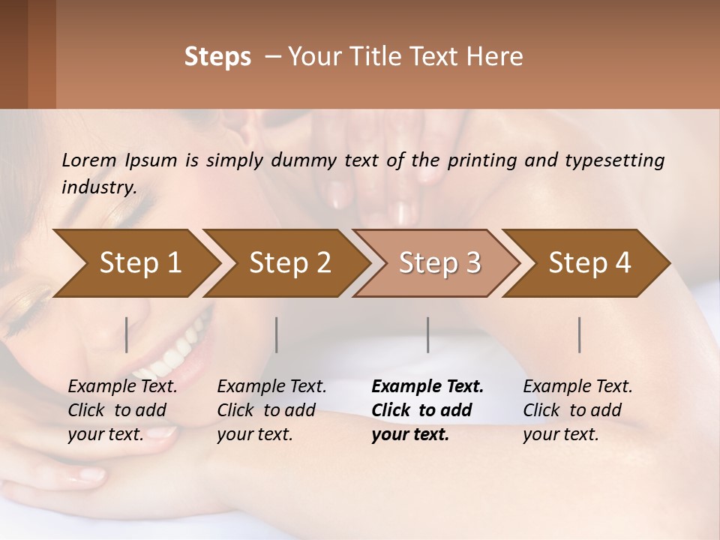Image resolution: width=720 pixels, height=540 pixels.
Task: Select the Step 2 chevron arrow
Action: click(x=289, y=263)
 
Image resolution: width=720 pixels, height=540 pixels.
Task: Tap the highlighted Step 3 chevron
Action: click(x=439, y=263)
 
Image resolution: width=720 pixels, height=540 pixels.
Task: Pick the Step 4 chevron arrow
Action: click(x=589, y=263)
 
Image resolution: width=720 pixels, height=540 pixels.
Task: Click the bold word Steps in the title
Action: click(x=217, y=57)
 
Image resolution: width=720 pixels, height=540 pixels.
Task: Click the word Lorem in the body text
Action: click(x=89, y=160)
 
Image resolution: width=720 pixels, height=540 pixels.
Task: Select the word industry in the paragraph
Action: click(x=98, y=187)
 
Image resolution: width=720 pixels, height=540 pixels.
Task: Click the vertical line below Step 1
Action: click(x=126, y=334)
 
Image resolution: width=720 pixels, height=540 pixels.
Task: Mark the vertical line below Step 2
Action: click(x=277, y=334)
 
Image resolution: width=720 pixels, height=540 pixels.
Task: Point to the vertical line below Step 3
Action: click(x=427, y=334)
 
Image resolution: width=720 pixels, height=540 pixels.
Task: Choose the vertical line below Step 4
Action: click(x=579, y=334)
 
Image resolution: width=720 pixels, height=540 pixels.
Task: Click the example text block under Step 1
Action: click(x=122, y=410)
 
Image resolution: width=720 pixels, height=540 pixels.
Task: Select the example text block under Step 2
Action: click(x=271, y=410)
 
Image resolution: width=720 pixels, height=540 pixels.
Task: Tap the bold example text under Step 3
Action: click(x=427, y=410)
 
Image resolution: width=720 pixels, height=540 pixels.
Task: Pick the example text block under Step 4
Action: click(x=577, y=410)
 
